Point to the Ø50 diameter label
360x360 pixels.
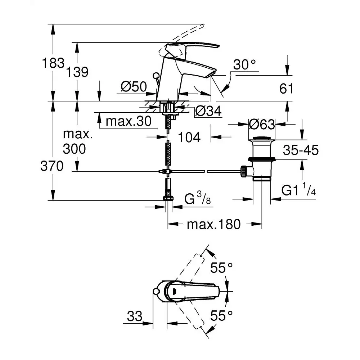point(134,87)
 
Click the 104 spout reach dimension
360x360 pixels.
point(189,137)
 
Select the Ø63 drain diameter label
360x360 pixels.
point(262,125)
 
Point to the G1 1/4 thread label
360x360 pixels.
point(299,191)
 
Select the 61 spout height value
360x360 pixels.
point(287,89)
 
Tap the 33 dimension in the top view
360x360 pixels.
point(135,316)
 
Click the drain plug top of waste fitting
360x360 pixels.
point(262,138)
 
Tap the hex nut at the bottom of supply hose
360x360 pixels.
point(168,198)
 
